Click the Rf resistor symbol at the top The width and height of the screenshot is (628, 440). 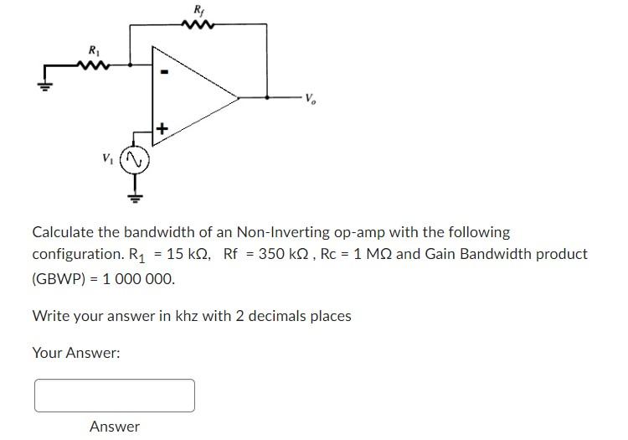coord(199,24)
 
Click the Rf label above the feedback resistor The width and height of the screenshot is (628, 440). coord(198,10)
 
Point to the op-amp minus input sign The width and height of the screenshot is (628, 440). coord(165,73)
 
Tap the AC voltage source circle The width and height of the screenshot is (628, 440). coord(133,159)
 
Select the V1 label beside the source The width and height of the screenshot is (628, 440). coord(107,157)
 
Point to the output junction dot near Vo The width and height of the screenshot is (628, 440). coord(267,97)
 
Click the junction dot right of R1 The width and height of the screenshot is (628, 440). coord(130,63)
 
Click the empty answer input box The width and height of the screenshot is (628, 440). coord(115,396)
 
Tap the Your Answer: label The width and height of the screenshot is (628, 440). coord(76,353)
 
